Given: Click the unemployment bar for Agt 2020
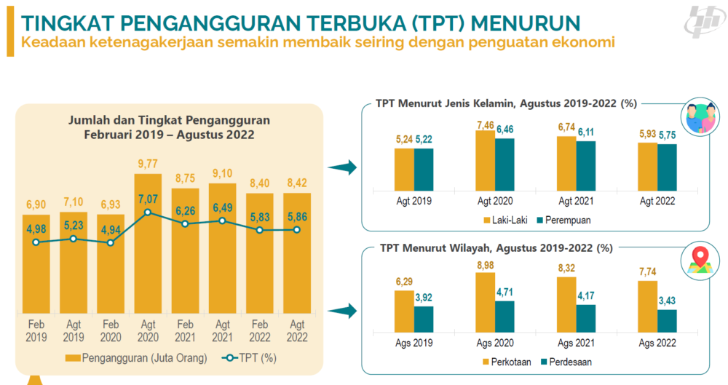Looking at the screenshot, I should coord(148,262).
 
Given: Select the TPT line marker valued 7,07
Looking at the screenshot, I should coord(148,213).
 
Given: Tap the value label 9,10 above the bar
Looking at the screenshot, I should coord(222,173).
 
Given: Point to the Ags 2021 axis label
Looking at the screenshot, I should coord(576,344).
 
